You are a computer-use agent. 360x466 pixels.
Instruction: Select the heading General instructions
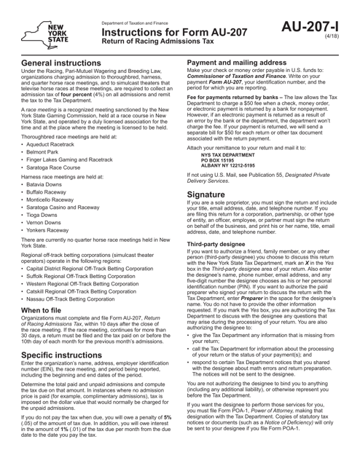tap(66, 65)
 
